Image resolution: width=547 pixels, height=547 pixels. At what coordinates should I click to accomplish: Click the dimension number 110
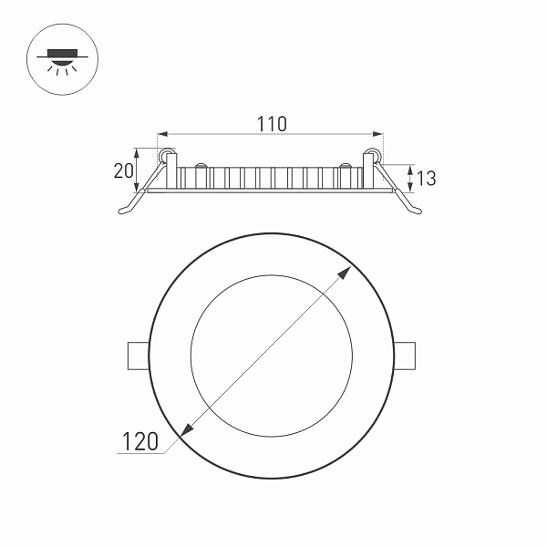tap(271, 124)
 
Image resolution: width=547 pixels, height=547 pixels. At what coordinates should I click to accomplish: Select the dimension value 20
tap(124, 170)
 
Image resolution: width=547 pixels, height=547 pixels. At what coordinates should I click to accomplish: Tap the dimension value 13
tap(426, 178)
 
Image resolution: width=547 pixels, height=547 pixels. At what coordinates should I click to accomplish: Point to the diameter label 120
tap(139, 442)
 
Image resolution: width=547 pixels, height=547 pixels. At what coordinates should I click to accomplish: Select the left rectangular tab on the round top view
tap(137, 356)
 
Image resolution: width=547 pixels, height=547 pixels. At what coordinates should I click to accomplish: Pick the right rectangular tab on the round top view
tap(405, 356)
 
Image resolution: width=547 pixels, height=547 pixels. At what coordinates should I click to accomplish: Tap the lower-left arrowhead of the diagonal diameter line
tap(188, 430)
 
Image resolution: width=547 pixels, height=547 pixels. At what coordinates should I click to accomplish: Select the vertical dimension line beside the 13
tap(410, 178)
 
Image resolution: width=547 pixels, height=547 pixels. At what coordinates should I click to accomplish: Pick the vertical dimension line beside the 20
tap(139, 170)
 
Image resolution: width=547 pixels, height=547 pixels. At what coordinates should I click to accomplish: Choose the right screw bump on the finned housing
tap(346, 166)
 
